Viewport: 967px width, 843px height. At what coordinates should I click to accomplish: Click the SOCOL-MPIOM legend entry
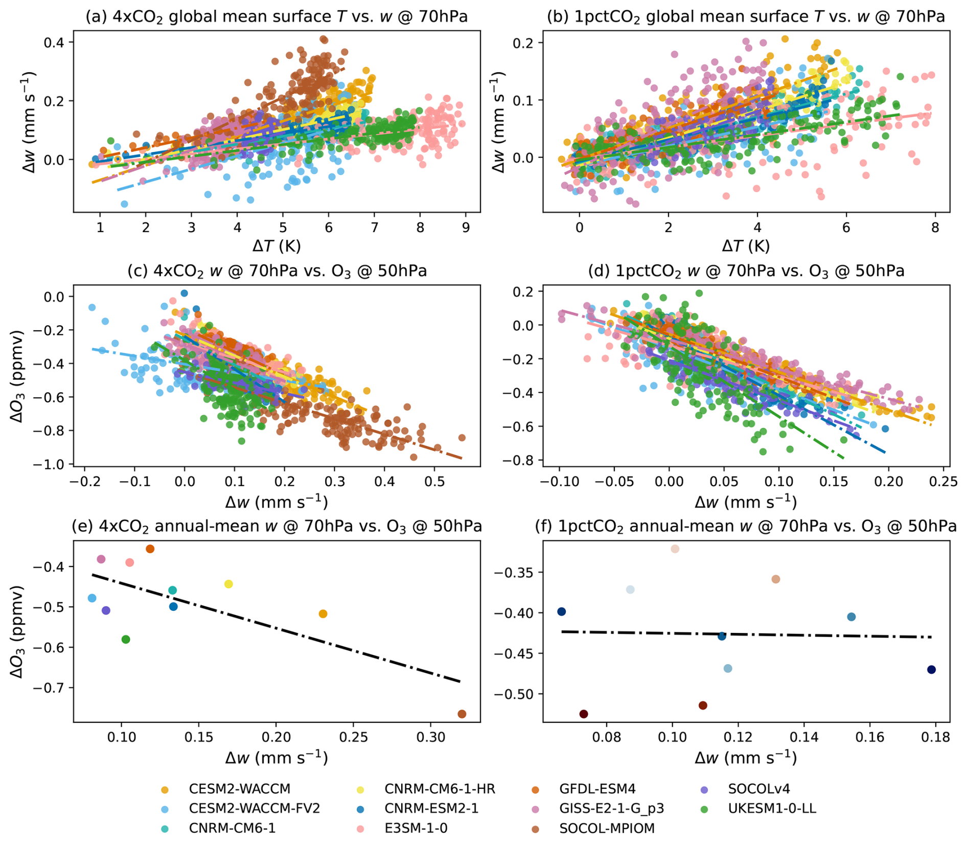[x=607, y=828]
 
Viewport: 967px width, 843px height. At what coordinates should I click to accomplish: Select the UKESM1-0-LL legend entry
[x=772, y=809]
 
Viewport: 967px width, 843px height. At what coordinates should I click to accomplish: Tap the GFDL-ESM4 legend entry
[x=597, y=789]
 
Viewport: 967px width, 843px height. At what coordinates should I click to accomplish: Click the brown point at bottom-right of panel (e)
[x=462, y=714]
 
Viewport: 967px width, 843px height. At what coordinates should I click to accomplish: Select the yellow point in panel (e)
[x=228, y=584]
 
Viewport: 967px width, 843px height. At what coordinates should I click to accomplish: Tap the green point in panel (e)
[x=126, y=640]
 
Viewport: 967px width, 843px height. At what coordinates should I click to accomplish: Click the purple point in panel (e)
[x=106, y=610]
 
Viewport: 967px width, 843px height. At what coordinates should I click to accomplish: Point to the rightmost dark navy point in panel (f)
[x=931, y=670]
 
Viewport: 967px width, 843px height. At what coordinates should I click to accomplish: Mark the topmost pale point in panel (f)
[x=675, y=549]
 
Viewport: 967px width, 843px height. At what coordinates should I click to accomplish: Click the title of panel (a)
[x=277, y=17]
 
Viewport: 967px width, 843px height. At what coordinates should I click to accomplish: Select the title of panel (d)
[x=746, y=271]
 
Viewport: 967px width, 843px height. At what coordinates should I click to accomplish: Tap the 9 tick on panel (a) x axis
[x=466, y=227]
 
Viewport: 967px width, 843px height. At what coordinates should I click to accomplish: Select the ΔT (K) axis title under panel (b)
[x=746, y=246]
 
